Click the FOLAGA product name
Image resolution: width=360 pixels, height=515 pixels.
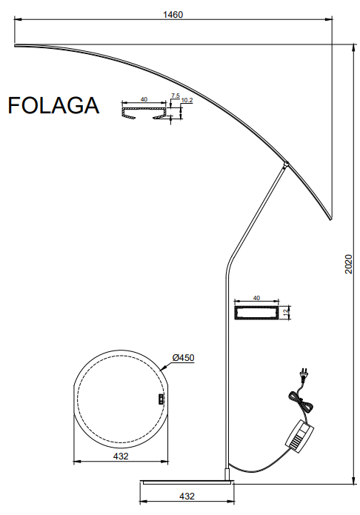click(53, 105)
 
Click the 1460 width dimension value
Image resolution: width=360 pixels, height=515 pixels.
click(173, 15)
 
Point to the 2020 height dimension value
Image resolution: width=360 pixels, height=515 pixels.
click(348, 264)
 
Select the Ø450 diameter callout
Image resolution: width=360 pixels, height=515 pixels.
click(183, 357)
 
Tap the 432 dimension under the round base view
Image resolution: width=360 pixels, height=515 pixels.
click(121, 456)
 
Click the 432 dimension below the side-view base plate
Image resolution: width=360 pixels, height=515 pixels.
click(187, 496)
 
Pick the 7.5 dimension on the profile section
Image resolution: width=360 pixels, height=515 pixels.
click(176, 96)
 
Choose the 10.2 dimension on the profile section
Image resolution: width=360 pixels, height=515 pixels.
click(187, 100)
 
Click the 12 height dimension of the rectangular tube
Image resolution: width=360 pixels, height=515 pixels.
click(285, 310)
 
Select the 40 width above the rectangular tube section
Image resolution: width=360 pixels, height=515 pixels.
click(256, 298)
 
